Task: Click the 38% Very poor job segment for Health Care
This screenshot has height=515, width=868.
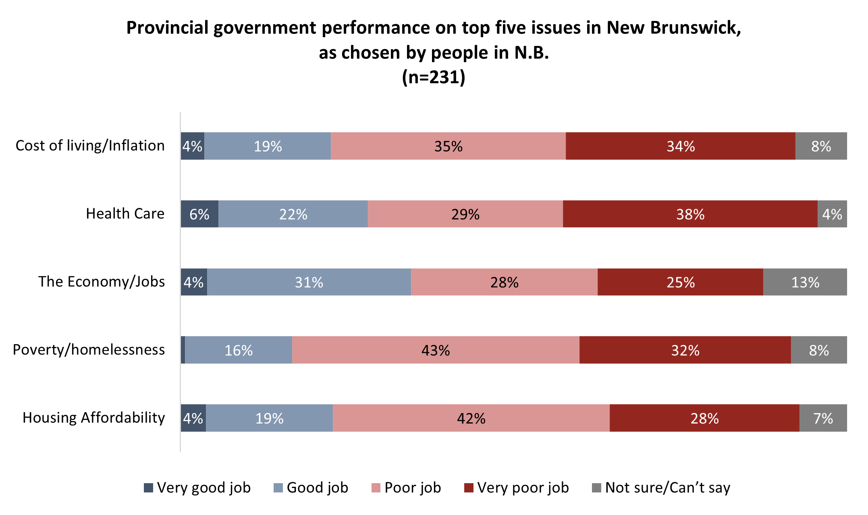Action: click(690, 214)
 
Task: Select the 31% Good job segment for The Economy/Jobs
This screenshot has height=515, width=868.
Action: click(309, 282)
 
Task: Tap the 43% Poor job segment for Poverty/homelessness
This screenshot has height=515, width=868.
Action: click(436, 350)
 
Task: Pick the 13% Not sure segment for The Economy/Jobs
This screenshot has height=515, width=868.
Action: click(805, 282)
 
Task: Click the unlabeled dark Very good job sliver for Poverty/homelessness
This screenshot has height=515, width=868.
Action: click(183, 350)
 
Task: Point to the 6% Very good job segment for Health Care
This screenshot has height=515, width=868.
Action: click(199, 214)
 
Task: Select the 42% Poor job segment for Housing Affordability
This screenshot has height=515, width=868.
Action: click(471, 418)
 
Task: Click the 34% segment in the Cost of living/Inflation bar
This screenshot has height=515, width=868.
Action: click(680, 146)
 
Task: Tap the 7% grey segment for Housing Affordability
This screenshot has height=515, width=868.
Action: click(823, 418)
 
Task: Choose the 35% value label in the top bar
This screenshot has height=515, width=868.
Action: click(448, 146)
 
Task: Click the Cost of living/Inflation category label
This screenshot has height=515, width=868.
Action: click(90, 145)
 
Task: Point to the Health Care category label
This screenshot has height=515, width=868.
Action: click(125, 214)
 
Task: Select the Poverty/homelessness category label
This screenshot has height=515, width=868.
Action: click(89, 350)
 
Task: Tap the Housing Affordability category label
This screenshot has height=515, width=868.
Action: click(93, 418)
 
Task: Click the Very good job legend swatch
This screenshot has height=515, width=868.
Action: click(148, 488)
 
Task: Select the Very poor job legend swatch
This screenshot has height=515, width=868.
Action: click(469, 488)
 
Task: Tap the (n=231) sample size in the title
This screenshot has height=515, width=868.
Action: click(434, 77)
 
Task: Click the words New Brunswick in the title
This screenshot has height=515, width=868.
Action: click(673, 28)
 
